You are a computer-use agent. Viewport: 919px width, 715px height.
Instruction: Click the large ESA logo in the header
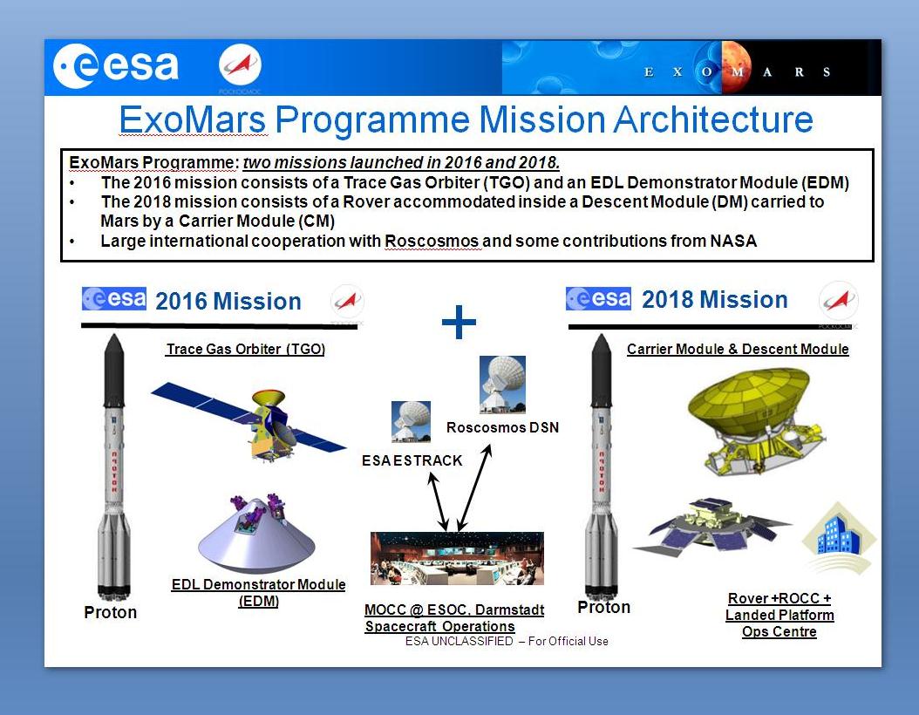(x=115, y=65)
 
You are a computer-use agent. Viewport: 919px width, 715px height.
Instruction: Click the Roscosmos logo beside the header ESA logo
(x=241, y=65)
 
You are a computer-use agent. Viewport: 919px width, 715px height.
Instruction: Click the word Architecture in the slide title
(x=713, y=119)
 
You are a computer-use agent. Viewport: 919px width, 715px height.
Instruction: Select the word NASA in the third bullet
(x=733, y=241)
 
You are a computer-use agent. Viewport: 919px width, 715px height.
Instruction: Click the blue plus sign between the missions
(x=459, y=322)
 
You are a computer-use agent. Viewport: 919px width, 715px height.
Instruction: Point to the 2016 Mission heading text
(x=228, y=301)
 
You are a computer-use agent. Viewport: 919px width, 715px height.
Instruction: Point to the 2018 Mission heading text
(x=714, y=299)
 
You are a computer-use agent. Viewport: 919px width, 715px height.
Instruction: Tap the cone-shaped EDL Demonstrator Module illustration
(x=256, y=535)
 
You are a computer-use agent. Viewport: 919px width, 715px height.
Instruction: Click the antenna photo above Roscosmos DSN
(x=502, y=385)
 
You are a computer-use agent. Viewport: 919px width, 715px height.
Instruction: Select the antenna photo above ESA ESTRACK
(x=411, y=421)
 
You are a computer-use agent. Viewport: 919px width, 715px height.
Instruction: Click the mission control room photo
(x=457, y=558)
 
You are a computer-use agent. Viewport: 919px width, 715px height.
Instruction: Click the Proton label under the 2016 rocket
(x=110, y=612)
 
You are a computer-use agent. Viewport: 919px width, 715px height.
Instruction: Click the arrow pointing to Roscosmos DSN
(x=474, y=487)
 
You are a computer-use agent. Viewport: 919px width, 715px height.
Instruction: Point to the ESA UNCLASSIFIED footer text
(x=507, y=641)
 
